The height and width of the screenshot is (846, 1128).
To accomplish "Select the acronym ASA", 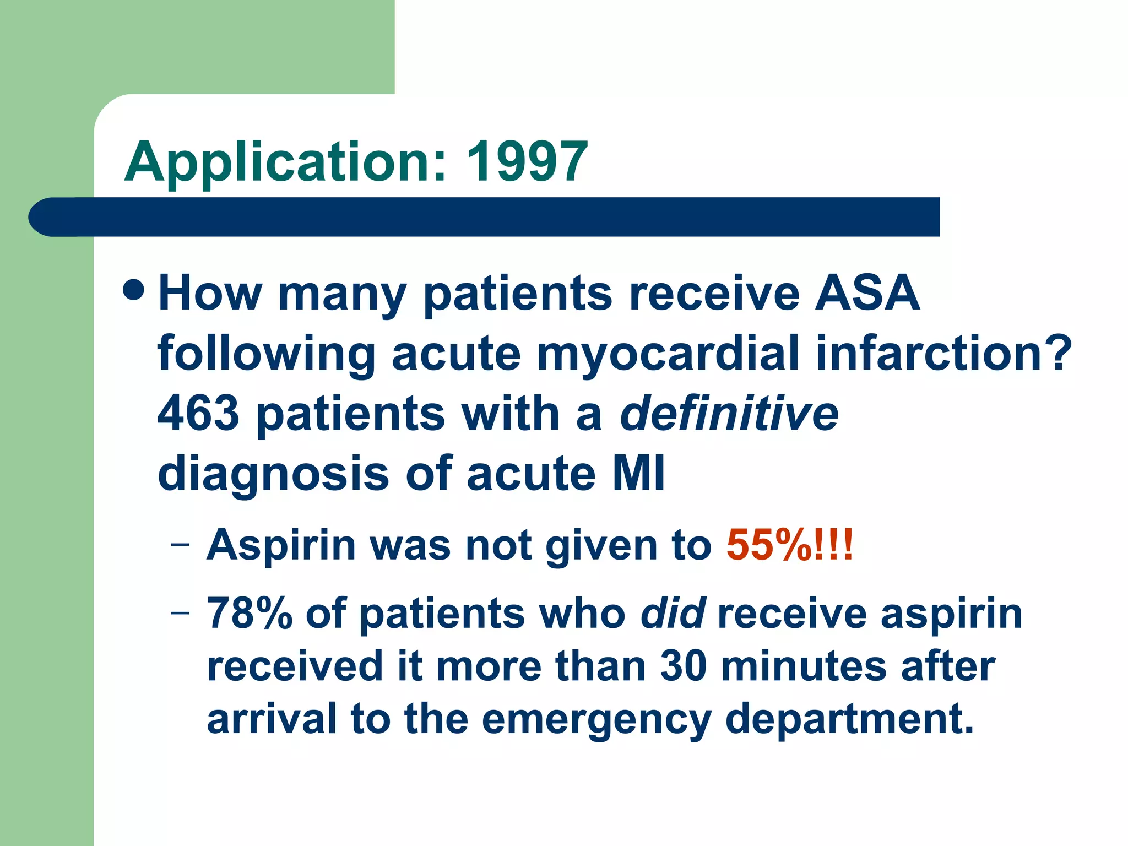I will click(x=867, y=292).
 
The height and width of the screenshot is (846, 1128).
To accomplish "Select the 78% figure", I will click(x=249, y=614).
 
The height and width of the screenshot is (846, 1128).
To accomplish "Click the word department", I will click(x=849, y=719).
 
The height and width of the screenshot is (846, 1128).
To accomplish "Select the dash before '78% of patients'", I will click(x=180, y=612).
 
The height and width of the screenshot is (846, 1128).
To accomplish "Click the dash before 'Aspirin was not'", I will click(x=180, y=545).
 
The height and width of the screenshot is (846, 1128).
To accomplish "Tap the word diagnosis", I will click(x=273, y=474).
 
